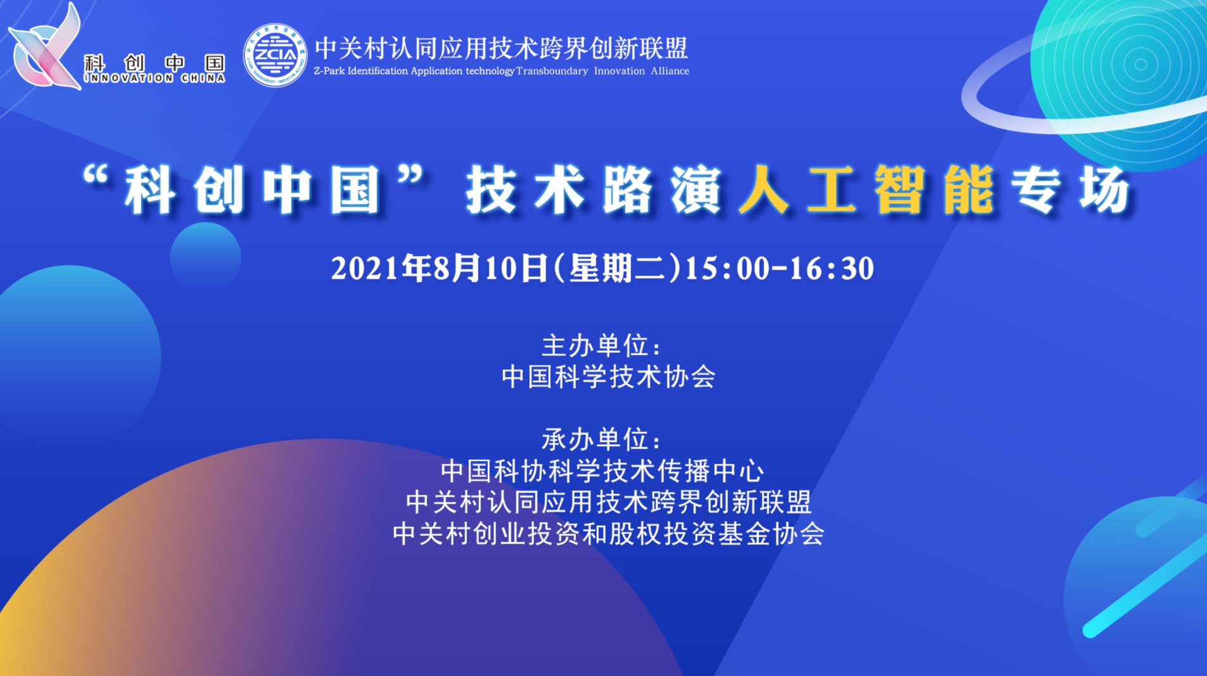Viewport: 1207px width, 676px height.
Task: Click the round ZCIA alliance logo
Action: (x=275, y=55)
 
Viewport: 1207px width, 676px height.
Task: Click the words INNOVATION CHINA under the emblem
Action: (x=155, y=79)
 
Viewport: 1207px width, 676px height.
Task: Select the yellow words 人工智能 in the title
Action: (x=865, y=189)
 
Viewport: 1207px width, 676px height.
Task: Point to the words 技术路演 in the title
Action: (x=593, y=189)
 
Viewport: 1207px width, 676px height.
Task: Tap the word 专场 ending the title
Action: (x=1071, y=189)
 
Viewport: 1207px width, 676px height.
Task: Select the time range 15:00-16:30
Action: (x=780, y=268)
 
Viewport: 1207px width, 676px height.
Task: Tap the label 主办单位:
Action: (x=602, y=346)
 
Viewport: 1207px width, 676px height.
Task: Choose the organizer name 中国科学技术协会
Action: (x=608, y=377)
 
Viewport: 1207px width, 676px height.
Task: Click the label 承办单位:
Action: (x=602, y=439)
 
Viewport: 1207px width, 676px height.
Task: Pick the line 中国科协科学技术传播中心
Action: (x=603, y=471)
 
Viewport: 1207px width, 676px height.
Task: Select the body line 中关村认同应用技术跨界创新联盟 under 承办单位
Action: (x=608, y=502)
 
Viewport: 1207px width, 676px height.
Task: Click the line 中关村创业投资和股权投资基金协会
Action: (x=608, y=533)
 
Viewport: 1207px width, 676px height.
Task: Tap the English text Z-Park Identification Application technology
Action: (x=414, y=71)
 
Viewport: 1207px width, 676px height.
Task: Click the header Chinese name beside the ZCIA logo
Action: (x=501, y=48)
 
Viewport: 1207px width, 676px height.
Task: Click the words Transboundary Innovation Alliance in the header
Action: (x=603, y=71)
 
